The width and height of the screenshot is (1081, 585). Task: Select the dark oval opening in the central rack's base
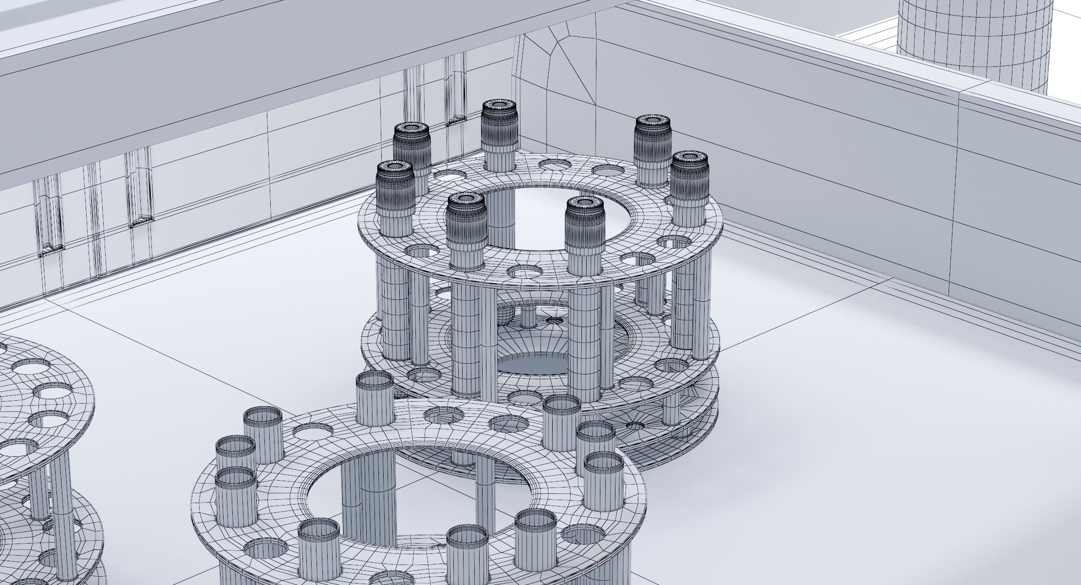tap(533, 364)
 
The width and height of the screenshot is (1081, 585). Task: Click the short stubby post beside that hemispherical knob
tap(528, 317)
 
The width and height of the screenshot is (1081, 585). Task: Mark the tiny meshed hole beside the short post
tap(553, 321)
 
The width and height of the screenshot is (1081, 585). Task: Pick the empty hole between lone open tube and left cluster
tap(313, 431)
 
